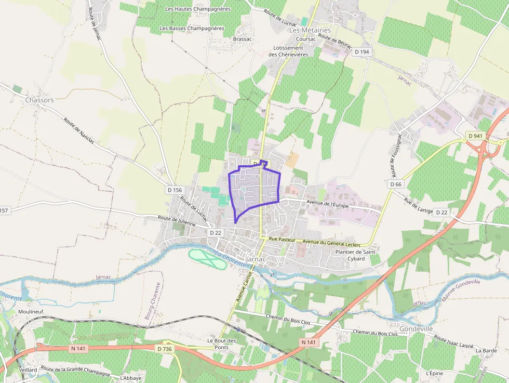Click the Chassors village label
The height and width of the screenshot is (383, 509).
tap(39, 100)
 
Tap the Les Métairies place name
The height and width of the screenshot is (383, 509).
tap(310, 30)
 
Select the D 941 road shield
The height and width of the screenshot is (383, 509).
tap(475, 136)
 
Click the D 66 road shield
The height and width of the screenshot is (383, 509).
tap(396, 184)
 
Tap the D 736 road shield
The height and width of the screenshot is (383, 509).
tap(164, 349)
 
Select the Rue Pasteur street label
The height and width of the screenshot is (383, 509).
tap(283, 240)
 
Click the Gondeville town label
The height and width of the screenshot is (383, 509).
tap(417, 329)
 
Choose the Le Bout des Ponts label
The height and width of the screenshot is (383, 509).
tap(222, 344)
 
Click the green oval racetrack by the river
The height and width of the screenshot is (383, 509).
tap(207, 259)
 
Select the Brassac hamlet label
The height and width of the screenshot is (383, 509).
tap(243, 39)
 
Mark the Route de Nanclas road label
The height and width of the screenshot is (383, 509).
tap(79, 130)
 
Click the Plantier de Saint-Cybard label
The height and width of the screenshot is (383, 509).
tap(356, 255)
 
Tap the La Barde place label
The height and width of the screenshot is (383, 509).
tap(486, 351)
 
